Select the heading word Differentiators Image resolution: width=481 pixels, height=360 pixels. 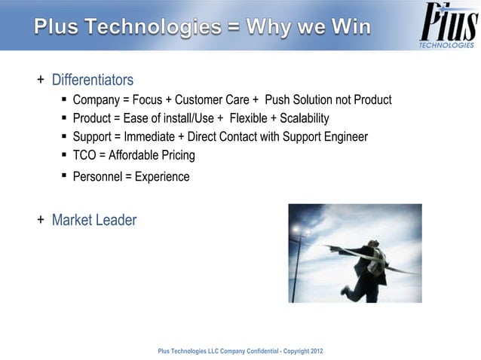coord(93,80)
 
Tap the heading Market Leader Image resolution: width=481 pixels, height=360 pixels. coord(94,220)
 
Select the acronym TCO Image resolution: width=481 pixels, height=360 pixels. coord(84,155)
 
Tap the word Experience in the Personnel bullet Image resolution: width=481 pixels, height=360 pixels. coord(162,177)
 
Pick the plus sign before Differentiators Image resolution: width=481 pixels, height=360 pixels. coord(41,80)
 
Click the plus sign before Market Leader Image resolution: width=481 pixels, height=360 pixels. coord(41,220)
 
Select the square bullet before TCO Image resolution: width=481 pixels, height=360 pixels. coord(65,155)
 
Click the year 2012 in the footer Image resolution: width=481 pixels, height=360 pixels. coord(316,352)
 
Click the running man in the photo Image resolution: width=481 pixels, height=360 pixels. coord(369,264)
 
